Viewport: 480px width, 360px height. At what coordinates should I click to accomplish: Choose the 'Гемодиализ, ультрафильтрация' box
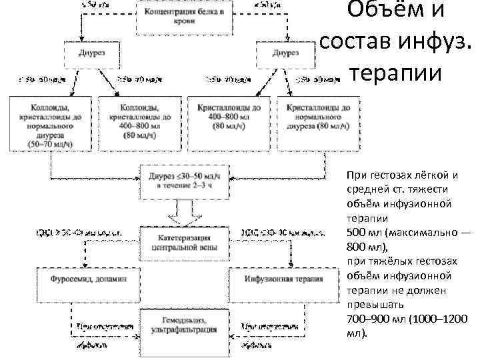pos(179,326)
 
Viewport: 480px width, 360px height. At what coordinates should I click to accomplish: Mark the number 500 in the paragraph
pos(357,231)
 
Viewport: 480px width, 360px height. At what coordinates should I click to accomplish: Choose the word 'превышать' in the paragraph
pos(371,305)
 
